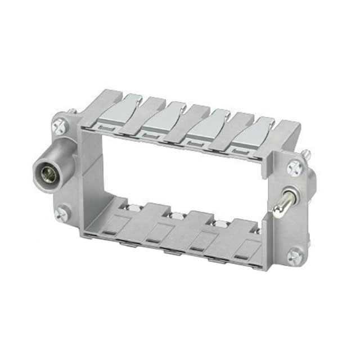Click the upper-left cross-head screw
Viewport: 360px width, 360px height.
pos(58,127)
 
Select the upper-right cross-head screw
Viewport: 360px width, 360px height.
pos(294,167)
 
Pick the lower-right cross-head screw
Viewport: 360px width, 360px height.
pos(294,257)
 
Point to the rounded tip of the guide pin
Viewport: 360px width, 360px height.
pos(277,211)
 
